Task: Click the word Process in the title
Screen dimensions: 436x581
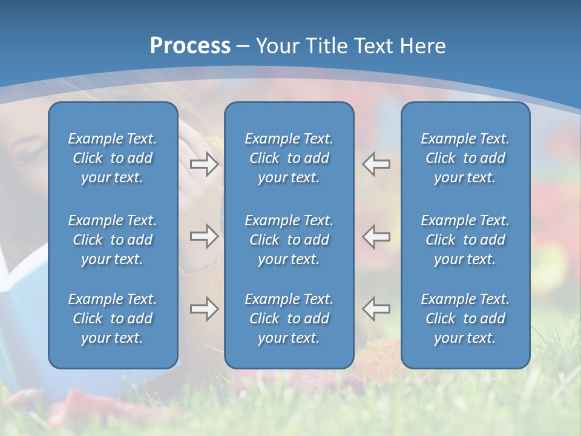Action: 190,46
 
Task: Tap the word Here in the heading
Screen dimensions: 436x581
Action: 422,46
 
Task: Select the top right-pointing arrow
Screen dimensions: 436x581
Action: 204,164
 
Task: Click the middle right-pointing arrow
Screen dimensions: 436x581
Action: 204,236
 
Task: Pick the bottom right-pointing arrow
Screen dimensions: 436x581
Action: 204,309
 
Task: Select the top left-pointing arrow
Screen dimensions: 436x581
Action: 376,164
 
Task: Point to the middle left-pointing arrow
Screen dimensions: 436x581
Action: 376,236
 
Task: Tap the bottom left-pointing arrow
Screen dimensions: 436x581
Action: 376,309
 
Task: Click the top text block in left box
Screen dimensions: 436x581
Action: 113,158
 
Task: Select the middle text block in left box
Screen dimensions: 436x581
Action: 113,240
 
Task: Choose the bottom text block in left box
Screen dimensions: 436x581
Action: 113,319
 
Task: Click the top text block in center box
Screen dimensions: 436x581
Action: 289,158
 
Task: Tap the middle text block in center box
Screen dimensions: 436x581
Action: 289,240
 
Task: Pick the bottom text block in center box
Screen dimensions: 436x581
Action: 289,319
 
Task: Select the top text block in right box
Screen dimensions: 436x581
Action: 465,158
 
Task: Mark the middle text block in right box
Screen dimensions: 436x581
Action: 465,240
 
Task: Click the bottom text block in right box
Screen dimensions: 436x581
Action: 465,319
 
